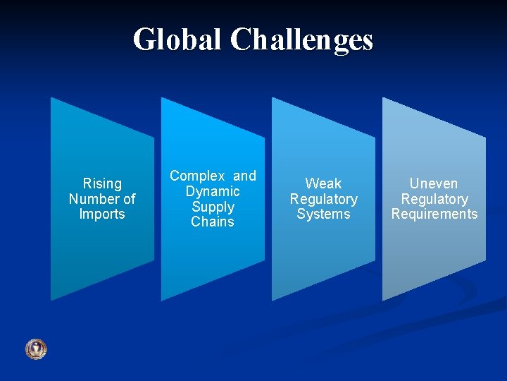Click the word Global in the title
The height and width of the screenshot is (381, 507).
[177, 40]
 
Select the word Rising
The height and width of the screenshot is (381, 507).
[102, 183]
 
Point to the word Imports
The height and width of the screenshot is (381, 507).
[102, 214]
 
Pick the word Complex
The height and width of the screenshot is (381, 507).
[197, 176]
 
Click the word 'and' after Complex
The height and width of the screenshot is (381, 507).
[244, 176]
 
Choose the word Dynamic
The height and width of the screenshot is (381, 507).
[213, 191]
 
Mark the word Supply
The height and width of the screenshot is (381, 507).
[213, 207]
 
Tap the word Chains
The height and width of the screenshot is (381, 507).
[213, 222]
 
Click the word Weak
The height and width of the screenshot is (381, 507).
[323, 183]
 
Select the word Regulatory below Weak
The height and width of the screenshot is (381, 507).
[323, 199]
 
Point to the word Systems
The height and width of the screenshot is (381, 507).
[323, 214]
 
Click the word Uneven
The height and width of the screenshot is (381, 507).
[434, 183]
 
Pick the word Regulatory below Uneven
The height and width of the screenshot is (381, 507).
[434, 199]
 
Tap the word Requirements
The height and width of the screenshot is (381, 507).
[434, 214]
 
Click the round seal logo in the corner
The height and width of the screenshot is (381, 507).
[36, 349]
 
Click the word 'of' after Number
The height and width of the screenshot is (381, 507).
[128, 199]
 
